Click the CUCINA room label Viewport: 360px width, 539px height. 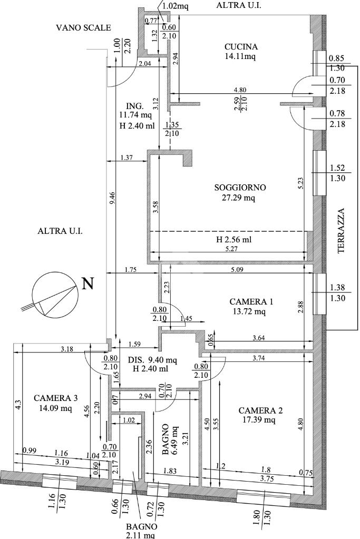pyautogui.click(x=241, y=47)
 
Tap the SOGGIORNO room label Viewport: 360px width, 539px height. pyautogui.click(x=240, y=188)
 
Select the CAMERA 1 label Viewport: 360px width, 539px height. pyautogui.click(x=251, y=302)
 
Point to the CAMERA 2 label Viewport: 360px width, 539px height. pyautogui.click(x=260, y=410)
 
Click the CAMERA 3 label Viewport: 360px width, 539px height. pyautogui.click(x=56, y=398)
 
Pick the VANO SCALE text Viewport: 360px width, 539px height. pyautogui.click(x=84, y=27)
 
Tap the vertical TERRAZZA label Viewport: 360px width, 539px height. pyautogui.click(x=340, y=231)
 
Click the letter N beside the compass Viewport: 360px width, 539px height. pyautogui.click(x=89, y=283)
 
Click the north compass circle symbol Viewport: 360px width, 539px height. pyautogui.click(x=54, y=295)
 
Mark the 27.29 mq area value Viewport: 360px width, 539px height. pyautogui.click(x=240, y=198)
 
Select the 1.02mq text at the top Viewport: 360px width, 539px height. pyautogui.click(x=175, y=6)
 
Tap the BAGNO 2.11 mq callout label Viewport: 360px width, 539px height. pyautogui.click(x=141, y=531)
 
